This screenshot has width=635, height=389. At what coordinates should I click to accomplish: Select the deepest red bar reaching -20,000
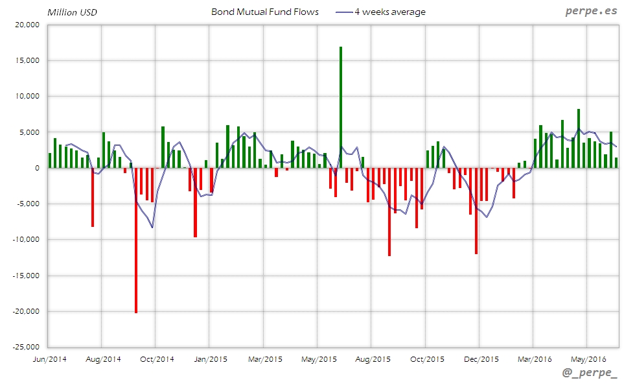136,240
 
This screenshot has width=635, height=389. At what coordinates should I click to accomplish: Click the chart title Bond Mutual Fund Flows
265,12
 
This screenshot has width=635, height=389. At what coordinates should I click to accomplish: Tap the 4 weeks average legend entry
389,12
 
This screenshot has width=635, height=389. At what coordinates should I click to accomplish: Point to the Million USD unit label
72,12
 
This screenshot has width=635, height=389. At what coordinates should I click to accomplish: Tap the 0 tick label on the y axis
37,168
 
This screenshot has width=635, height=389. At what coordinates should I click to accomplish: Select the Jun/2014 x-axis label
49,359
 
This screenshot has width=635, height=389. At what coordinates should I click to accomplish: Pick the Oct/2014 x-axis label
156,359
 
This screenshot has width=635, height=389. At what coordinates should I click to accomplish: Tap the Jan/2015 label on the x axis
210,359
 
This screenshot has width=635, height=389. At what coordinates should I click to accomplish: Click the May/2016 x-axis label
587,359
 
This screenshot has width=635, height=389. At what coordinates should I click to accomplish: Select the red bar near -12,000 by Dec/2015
476,211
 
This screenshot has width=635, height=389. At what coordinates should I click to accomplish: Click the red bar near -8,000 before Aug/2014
93,197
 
